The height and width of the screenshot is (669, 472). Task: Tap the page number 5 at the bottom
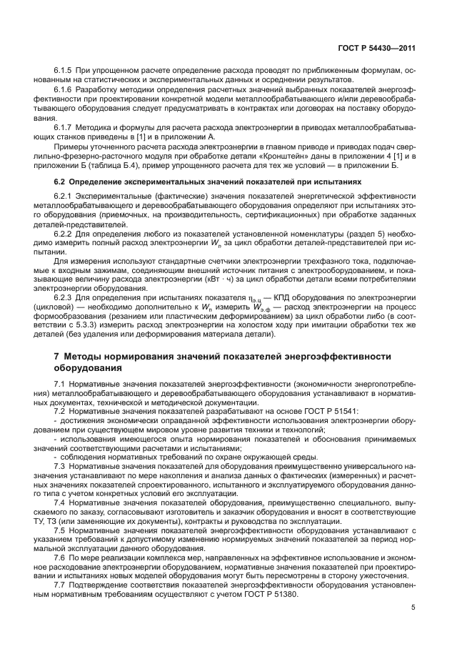[413, 608]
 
